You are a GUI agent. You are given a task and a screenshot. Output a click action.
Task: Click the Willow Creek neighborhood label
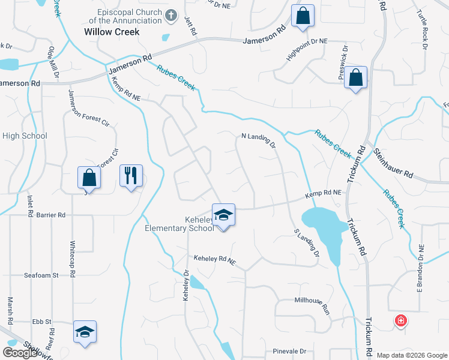[112, 32]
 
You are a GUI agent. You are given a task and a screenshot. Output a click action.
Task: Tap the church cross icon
[171, 16]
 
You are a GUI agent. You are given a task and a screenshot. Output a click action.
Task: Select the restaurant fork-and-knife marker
[131, 176]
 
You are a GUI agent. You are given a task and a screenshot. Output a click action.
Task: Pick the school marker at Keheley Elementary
[223, 215]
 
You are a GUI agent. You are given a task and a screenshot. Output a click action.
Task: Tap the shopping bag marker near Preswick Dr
[355, 77]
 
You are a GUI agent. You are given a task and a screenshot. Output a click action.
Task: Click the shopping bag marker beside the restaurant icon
[89, 178]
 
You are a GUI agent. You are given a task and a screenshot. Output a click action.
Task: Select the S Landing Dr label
[306, 243]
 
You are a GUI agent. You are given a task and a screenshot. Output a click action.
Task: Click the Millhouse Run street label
[312, 304]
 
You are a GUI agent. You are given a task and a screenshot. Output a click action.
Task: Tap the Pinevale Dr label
[289, 351]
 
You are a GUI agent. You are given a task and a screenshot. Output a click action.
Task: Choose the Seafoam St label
[41, 275]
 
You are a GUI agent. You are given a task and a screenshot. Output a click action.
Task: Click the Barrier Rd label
[50, 214]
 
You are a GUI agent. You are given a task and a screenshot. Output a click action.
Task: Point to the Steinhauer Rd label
[393, 164]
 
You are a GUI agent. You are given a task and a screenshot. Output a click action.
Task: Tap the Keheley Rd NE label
[215, 260]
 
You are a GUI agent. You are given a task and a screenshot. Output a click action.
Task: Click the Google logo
[20, 353]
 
